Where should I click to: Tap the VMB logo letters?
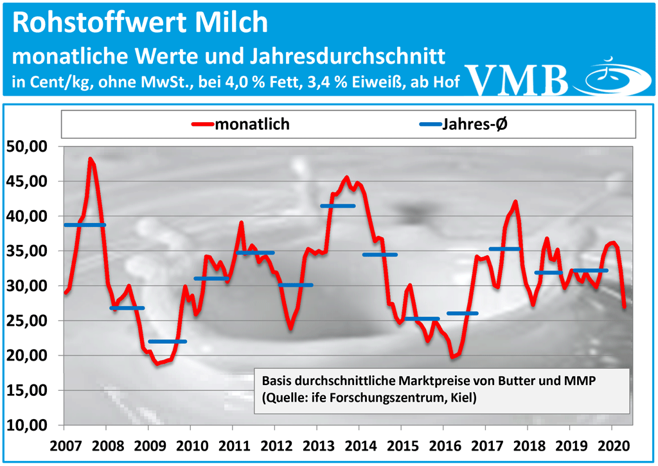[x=520, y=79]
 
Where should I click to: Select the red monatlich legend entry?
[x=241, y=124]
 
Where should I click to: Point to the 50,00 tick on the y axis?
[x=30, y=147]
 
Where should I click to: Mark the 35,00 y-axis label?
[x=30, y=251]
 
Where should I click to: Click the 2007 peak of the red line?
[x=91, y=159]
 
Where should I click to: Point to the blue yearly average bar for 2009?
[x=167, y=341]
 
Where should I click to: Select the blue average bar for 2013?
[x=337, y=206]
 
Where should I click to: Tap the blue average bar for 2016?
[x=463, y=313]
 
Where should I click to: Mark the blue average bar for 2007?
[x=84, y=225]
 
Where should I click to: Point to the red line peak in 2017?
[x=515, y=202]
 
